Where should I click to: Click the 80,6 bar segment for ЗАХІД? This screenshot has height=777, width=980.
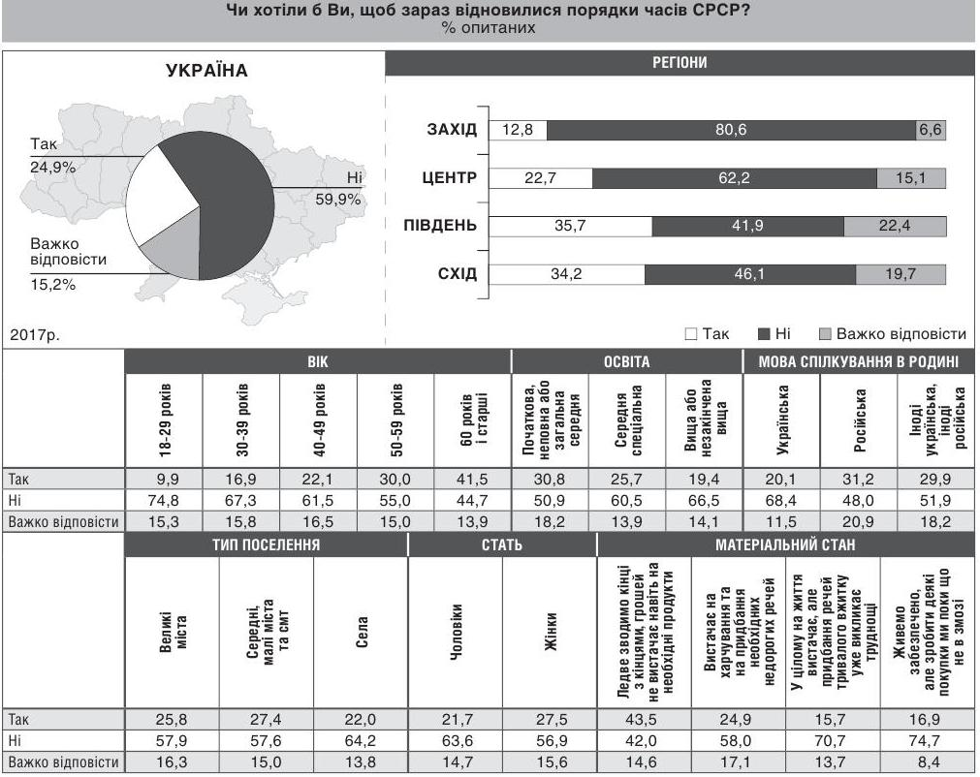point(731,131)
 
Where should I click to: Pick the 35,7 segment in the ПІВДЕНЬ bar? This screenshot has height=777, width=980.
point(570,227)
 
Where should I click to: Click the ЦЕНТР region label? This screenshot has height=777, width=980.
point(449,178)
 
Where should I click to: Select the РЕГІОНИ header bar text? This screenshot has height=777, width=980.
point(680,64)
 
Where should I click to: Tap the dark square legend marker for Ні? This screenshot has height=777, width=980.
point(764,334)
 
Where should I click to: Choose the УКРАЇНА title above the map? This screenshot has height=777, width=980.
point(206,71)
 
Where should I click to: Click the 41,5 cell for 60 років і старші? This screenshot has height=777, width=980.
point(472,479)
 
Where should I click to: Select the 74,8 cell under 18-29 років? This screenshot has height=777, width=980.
point(163,500)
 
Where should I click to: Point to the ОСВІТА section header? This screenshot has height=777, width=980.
point(627,362)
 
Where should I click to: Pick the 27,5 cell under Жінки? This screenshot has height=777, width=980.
point(549,720)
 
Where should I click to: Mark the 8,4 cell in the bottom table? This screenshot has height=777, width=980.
point(929,762)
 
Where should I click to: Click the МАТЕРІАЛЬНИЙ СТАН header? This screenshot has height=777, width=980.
point(786,545)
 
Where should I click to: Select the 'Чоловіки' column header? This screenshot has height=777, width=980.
point(455,634)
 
